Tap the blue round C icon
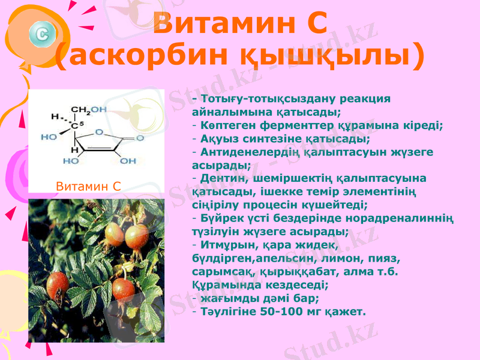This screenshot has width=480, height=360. click(42, 33)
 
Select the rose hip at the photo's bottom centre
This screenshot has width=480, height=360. click(123, 289)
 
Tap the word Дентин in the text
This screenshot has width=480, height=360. click(223, 178)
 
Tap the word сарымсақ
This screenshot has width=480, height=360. click(220, 271)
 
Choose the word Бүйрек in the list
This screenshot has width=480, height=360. click(223, 218)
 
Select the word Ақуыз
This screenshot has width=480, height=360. click(220, 139)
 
